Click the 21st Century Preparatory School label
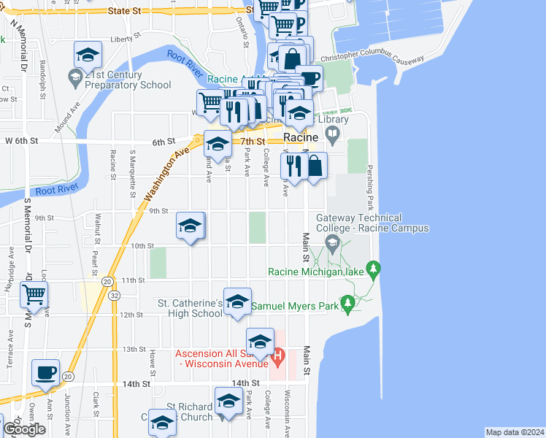click(128, 80)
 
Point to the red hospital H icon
click(277, 358)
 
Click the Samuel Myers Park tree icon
click(348, 302)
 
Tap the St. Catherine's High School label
click(191, 308)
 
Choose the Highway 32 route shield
click(116, 296)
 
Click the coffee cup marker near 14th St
click(46, 372)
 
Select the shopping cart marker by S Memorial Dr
click(34, 295)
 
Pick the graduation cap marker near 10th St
click(190, 226)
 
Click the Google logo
click(23, 429)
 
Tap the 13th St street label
click(134, 349)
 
